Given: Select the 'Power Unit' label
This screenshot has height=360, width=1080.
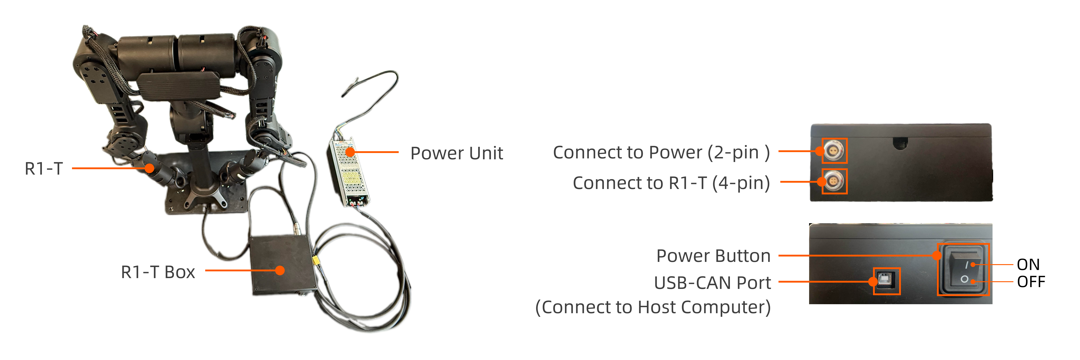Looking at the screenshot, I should (457, 153).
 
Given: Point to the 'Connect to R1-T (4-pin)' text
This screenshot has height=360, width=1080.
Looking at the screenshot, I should (671, 183).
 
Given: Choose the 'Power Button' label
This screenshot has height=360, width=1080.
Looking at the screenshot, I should (713, 256).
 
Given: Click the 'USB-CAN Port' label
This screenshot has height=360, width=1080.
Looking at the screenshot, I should (712, 283).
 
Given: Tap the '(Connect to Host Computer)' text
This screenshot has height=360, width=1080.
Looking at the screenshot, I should (653, 307).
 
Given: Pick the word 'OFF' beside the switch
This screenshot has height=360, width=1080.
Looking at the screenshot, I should (1031, 282).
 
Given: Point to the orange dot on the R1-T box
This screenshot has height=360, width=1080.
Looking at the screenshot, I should (280, 270).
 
